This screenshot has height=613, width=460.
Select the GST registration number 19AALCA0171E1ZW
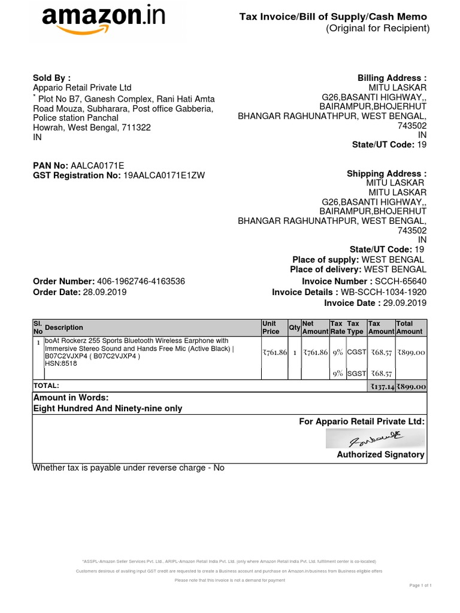[x=164, y=175]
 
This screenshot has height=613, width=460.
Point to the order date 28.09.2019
[x=105, y=292]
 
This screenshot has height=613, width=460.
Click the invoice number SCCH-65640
[x=401, y=281]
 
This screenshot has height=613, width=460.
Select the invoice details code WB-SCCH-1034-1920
[x=384, y=292]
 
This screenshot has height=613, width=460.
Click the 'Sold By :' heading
[x=52, y=78]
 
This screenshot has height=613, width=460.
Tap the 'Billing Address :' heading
[x=392, y=78]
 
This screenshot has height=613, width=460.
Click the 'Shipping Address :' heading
[x=387, y=174]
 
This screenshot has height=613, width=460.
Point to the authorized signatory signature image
[x=376, y=439]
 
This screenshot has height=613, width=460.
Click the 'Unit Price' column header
[x=271, y=327]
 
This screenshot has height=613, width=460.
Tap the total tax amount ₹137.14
[x=381, y=387]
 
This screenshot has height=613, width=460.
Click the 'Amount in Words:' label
[x=71, y=397]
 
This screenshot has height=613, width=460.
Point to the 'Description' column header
[x=64, y=327]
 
